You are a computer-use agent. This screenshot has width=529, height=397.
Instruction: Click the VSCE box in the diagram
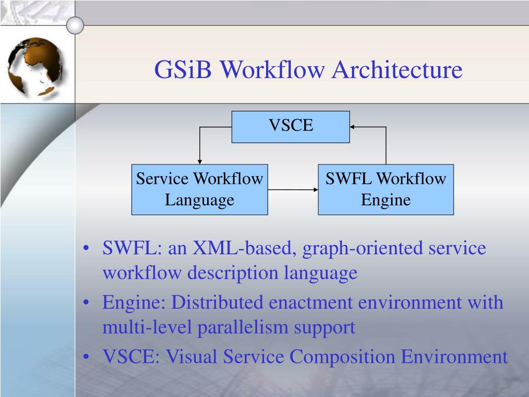(x=290, y=127)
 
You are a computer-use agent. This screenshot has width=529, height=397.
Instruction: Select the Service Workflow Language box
(x=199, y=189)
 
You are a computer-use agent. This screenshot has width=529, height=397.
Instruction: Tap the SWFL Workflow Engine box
(x=385, y=189)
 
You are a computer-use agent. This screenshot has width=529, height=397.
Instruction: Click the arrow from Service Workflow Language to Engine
(x=293, y=190)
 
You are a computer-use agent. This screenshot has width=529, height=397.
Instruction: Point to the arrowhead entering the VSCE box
(x=353, y=127)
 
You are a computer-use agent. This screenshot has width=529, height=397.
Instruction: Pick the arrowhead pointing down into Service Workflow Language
(x=199, y=161)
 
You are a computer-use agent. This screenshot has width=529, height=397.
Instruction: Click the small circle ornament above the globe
(x=75, y=24)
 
